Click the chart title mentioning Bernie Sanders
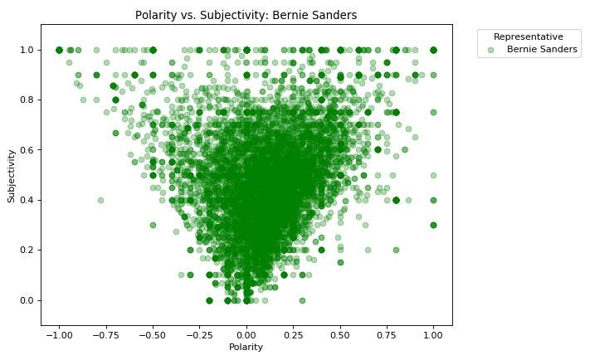(x=246, y=15)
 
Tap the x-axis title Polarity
(x=246, y=347)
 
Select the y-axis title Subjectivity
(x=12, y=175)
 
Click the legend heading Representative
(x=528, y=36)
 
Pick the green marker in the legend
(x=491, y=51)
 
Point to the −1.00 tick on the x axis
(x=59, y=334)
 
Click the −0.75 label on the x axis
(x=105, y=334)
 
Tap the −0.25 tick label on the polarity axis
(x=199, y=334)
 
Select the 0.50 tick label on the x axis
(x=340, y=334)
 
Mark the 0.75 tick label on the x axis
(x=387, y=334)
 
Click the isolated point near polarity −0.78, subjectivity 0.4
(x=100, y=200)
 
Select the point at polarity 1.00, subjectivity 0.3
(x=433, y=225)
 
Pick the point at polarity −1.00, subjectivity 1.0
(x=60, y=50)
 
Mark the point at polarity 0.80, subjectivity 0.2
(x=396, y=250)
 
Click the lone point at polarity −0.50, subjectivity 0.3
(x=153, y=225)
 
